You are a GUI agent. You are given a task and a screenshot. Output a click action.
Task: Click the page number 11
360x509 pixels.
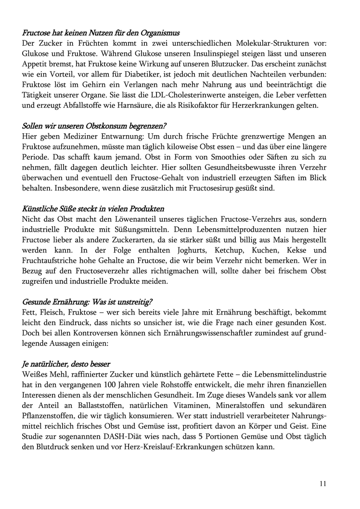(322, 483)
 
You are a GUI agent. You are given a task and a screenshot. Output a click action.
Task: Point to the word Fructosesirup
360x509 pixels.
(214, 190)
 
